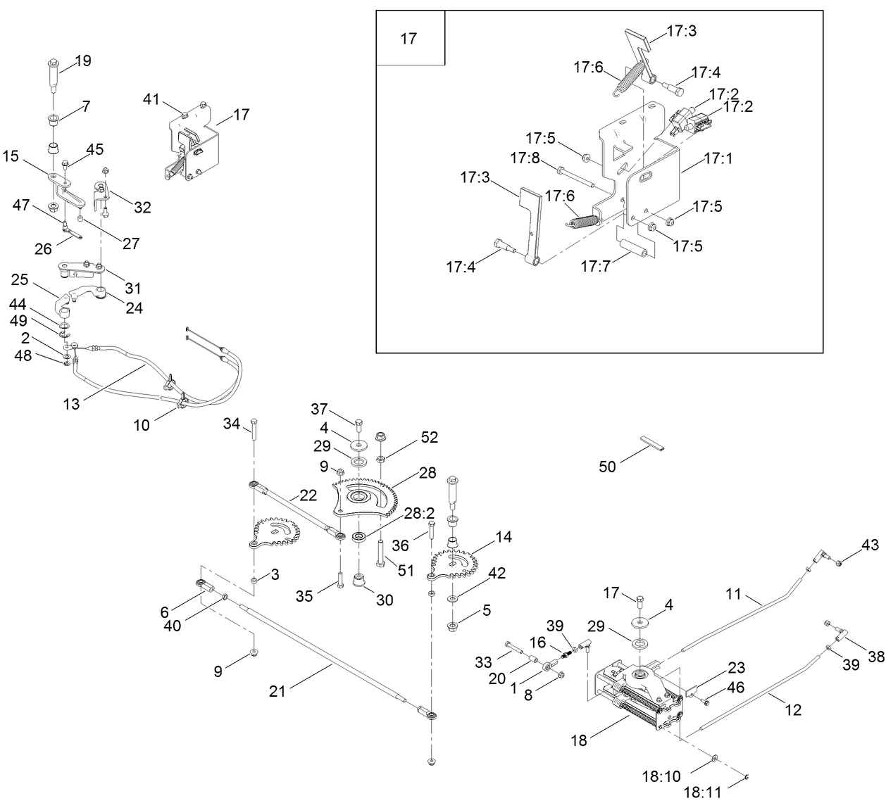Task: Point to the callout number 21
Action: (x=277, y=691)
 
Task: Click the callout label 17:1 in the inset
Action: (x=718, y=159)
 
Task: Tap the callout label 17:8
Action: (x=525, y=158)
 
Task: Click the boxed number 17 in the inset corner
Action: (x=409, y=39)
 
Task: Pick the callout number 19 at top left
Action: (x=82, y=61)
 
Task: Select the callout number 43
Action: (x=870, y=545)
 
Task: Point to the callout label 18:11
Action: (x=701, y=792)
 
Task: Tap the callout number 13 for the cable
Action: (x=72, y=404)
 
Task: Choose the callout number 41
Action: (x=151, y=99)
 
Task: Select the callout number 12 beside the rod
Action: (x=793, y=709)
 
